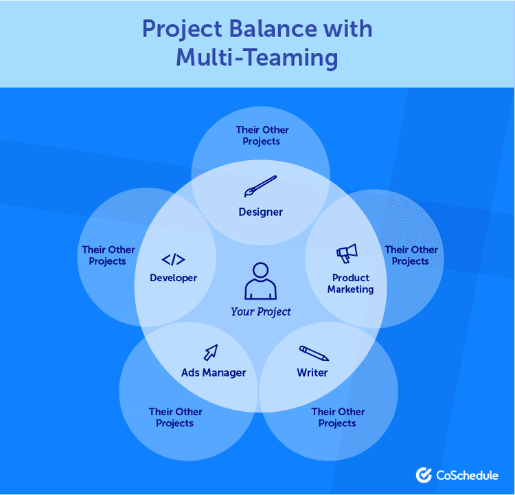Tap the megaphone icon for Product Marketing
click(x=346, y=254)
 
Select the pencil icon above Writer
click(x=313, y=353)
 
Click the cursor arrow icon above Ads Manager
click(x=210, y=353)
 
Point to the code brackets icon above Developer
click(x=173, y=260)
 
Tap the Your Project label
click(x=261, y=311)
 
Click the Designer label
click(x=260, y=212)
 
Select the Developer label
click(x=173, y=278)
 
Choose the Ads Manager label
click(x=214, y=373)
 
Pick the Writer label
click(x=312, y=373)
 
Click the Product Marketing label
click(x=350, y=284)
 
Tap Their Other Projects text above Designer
click(x=262, y=135)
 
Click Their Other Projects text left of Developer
click(x=108, y=255)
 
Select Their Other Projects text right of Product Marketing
click(x=411, y=255)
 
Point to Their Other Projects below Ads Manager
click(x=175, y=417)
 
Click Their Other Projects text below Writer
click(x=337, y=417)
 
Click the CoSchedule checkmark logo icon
click(x=424, y=474)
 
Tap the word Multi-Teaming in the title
click(x=257, y=58)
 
